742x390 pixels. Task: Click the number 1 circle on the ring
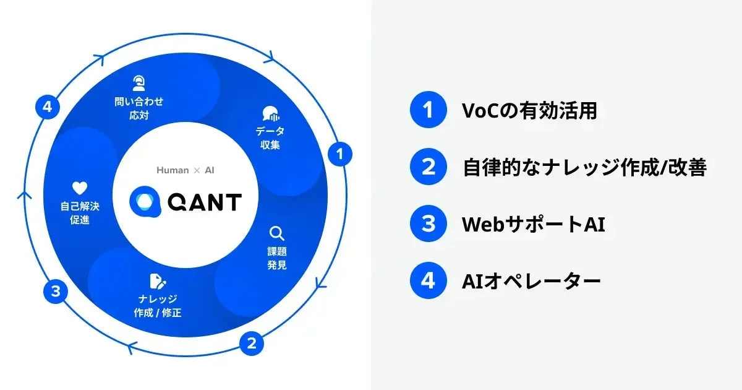tap(339, 154)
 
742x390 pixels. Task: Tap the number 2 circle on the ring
tap(251, 343)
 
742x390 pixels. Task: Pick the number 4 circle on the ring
tap(47, 108)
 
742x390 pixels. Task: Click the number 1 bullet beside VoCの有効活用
tap(428, 110)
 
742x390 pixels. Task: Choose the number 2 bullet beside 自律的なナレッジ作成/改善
tap(428, 167)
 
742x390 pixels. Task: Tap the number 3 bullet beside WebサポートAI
tap(428, 223)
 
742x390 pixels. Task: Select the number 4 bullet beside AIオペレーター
tap(428, 280)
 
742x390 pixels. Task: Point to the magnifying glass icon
tap(276, 234)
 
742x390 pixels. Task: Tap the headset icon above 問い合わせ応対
tap(139, 83)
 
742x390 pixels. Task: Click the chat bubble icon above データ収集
tap(270, 115)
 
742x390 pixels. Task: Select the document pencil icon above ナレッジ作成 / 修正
tap(158, 282)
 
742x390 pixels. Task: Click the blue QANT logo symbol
tap(145, 202)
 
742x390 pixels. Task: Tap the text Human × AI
tap(185, 170)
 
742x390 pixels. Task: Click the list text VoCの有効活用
tap(529, 110)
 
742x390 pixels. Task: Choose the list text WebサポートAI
tap(533, 223)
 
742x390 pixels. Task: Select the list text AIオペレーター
tap(531, 280)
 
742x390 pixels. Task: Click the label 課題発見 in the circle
tap(277, 259)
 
